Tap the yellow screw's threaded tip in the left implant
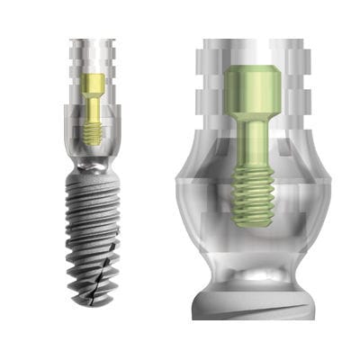pyautogui.click(x=94, y=133)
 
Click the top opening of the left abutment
pyautogui.click(x=94, y=41)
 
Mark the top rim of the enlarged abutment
pyautogui.click(x=254, y=42)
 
